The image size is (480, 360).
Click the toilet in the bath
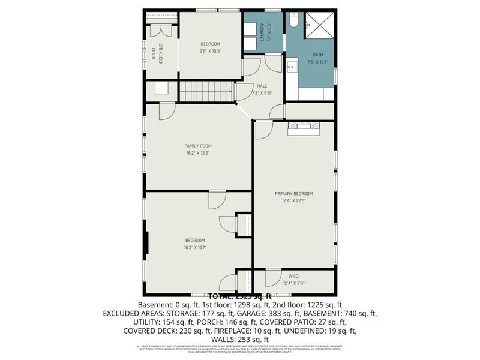293,20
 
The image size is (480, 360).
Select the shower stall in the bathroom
319,26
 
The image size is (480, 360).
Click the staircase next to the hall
206,92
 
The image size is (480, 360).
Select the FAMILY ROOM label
197,146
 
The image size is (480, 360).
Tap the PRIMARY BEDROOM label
293,193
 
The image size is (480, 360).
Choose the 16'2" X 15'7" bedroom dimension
195,247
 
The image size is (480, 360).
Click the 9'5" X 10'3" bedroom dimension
211,51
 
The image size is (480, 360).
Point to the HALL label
262,86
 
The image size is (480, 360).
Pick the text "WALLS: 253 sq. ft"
240,339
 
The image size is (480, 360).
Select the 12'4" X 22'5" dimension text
293,201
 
